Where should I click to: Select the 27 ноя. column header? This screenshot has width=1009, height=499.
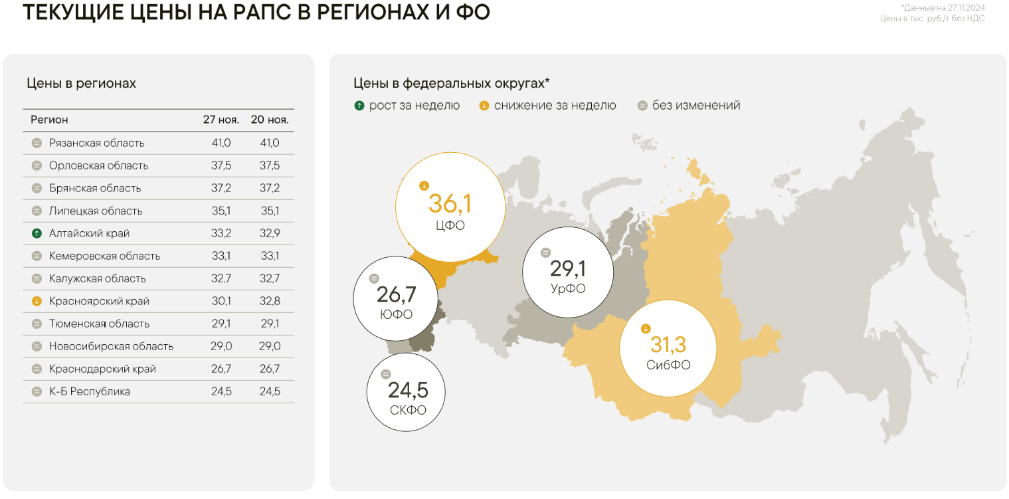(221, 120)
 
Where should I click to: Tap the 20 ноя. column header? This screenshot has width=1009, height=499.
(270, 120)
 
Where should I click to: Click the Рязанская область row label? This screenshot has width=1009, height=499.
(96, 143)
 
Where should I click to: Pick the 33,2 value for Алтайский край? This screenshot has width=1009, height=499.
(221, 233)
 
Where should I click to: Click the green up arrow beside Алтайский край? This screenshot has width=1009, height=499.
(37, 233)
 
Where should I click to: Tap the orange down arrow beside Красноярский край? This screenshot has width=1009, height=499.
(37, 301)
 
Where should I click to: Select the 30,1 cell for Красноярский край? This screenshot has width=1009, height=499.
(221, 301)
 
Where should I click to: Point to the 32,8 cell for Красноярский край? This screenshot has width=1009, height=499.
(270, 301)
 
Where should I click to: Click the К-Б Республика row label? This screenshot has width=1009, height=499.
(90, 391)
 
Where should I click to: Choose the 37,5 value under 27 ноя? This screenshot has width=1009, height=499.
(221, 165)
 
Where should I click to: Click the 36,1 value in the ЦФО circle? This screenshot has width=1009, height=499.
(450, 203)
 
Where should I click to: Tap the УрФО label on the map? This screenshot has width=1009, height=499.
(568, 289)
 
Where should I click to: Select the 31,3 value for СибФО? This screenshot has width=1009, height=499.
(668, 345)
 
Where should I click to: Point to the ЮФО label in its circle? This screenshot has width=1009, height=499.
(396, 314)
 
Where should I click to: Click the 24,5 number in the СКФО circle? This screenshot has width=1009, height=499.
(408, 389)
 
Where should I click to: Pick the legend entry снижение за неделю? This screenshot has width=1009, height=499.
(555, 106)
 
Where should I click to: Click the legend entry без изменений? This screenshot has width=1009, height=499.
(695, 106)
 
